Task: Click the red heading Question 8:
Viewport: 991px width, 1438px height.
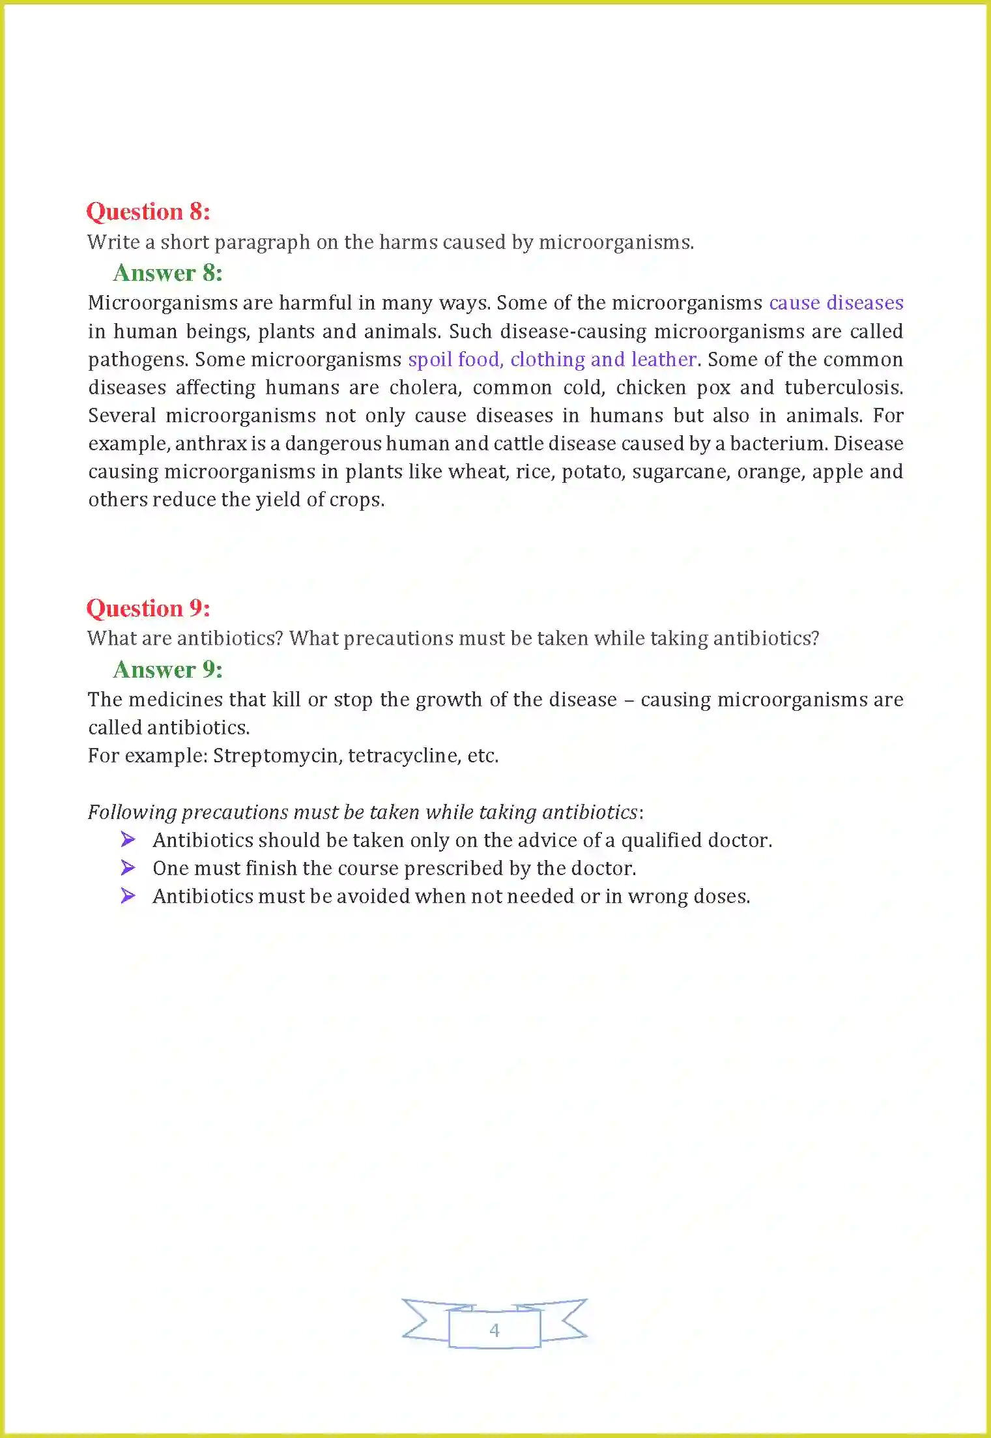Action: pyautogui.click(x=148, y=212)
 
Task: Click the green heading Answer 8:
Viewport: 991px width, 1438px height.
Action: pyautogui.click(x=167, y=273)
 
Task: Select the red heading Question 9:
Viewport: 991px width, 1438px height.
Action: pyautogui.click(x=148, y=609)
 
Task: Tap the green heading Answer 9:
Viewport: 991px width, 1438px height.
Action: pyautogui.click(x=167, y=670)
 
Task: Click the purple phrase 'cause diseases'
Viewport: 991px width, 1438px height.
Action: pyautogui.click(x=836, y=303)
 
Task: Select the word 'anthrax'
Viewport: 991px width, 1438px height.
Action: pyautogui.click(x=210, y=444)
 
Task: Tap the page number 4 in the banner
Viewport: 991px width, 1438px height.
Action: pyautogui.click(x=495, y=1330)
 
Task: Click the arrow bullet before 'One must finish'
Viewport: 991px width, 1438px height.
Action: pyautogui.click(x=128, y=868)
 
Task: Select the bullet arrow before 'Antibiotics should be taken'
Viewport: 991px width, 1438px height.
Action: pyautogui.click(x=128, y=840)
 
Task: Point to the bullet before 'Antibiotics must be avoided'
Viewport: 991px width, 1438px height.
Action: pyautogui.click(x=128, y=896)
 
